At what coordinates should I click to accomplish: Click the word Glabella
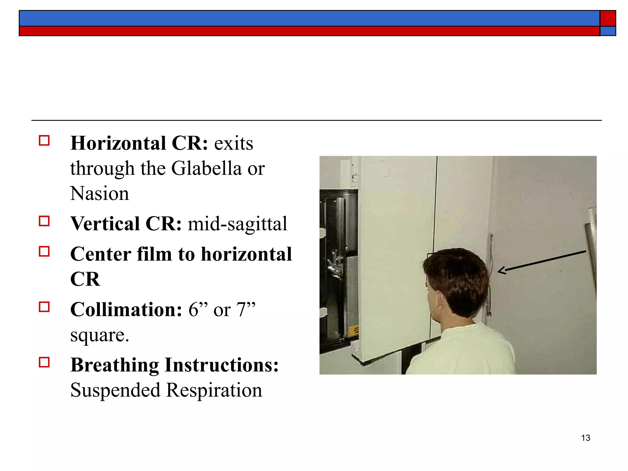point(206,168)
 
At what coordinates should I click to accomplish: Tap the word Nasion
point(99,193)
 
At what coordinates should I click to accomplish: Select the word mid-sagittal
point(237,224)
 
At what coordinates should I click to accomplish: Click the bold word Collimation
point(126,309)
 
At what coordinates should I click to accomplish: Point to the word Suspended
point(115,390)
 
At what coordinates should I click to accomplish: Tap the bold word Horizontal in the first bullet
point(118,143)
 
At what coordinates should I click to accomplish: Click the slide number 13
point(585,438)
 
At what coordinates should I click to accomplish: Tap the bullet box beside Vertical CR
point(44,221)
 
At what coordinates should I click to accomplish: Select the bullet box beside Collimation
point(44,307)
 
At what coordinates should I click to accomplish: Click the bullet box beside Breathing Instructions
point(44,362)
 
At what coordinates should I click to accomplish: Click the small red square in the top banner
point(607,18)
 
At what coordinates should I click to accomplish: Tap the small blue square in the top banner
point(607,31)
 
